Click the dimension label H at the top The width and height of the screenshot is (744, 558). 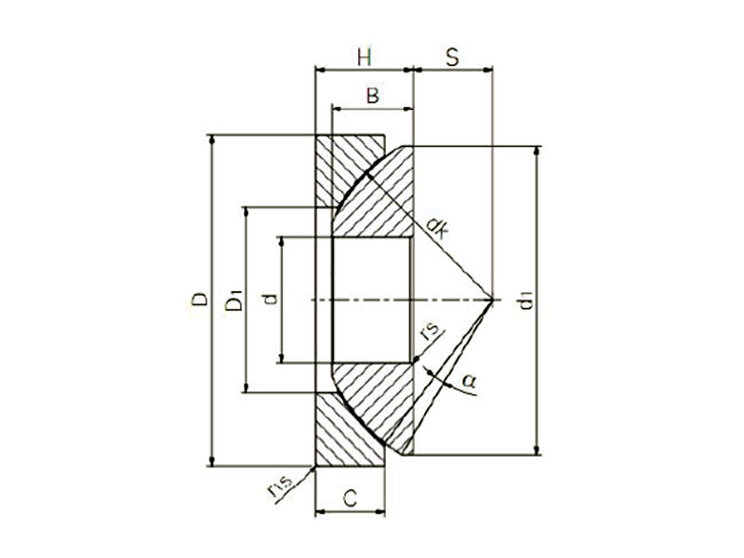[364, 57]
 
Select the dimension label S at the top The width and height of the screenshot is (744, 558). [452, 57]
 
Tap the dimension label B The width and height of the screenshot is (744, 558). [371, 96]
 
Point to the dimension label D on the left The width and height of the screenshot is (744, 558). [199, 299]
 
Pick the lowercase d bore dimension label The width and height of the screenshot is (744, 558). [269, 299]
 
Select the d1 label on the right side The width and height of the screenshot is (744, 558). [525, 300]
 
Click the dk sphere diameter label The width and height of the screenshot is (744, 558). [434, 226]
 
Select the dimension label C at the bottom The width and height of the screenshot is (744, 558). [350, 498]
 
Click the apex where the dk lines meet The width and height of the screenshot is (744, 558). [493, 299]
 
